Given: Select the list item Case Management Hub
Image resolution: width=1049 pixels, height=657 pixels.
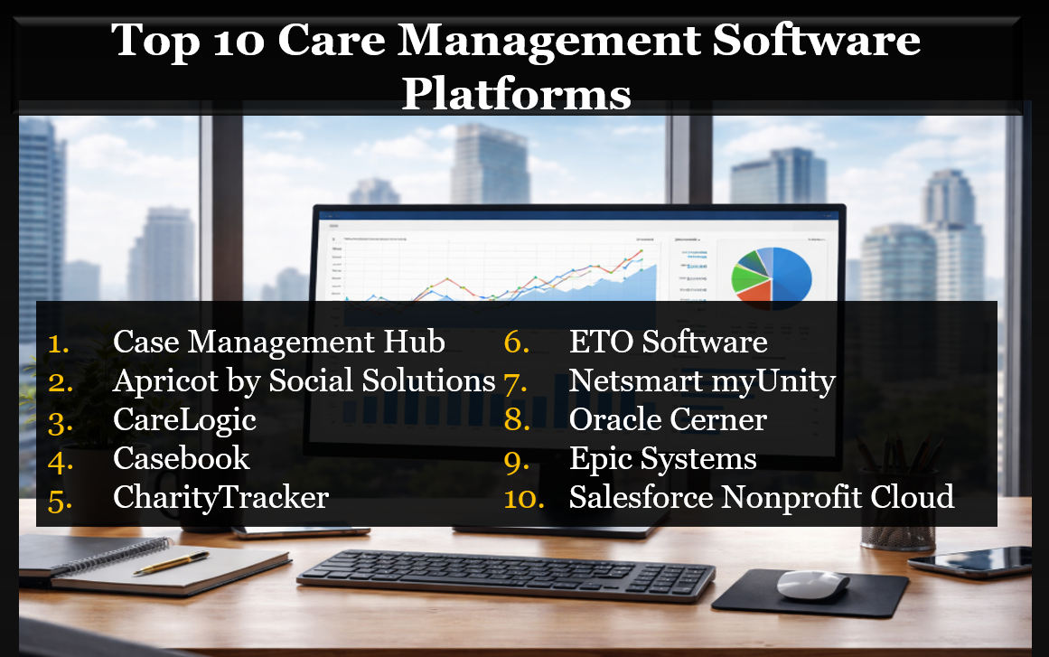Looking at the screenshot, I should point(278,343).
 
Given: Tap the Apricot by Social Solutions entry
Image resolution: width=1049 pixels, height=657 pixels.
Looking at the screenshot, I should point(304,381).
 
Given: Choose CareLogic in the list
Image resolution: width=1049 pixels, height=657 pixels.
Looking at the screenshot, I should point(184,420).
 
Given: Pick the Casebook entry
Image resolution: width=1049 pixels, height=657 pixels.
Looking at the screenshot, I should point(181,458).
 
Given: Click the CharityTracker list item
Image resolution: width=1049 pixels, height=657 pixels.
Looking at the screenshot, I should point(220,497).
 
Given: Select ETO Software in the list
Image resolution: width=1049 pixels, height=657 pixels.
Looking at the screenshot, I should point(668,343).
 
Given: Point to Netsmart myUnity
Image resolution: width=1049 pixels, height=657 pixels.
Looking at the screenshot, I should point(701,381).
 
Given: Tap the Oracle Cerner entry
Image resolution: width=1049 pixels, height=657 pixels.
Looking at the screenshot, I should point(668,420).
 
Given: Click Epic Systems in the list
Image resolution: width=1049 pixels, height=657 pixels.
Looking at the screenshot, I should point(662,458).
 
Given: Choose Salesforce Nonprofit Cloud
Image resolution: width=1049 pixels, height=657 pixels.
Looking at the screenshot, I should point(761,497).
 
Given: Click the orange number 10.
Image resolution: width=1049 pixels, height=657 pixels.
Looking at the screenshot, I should point(524,498).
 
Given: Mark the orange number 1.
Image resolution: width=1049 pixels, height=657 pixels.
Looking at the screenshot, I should point(59,343).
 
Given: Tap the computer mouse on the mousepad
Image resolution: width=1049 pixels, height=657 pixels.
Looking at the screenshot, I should point(812,585).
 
